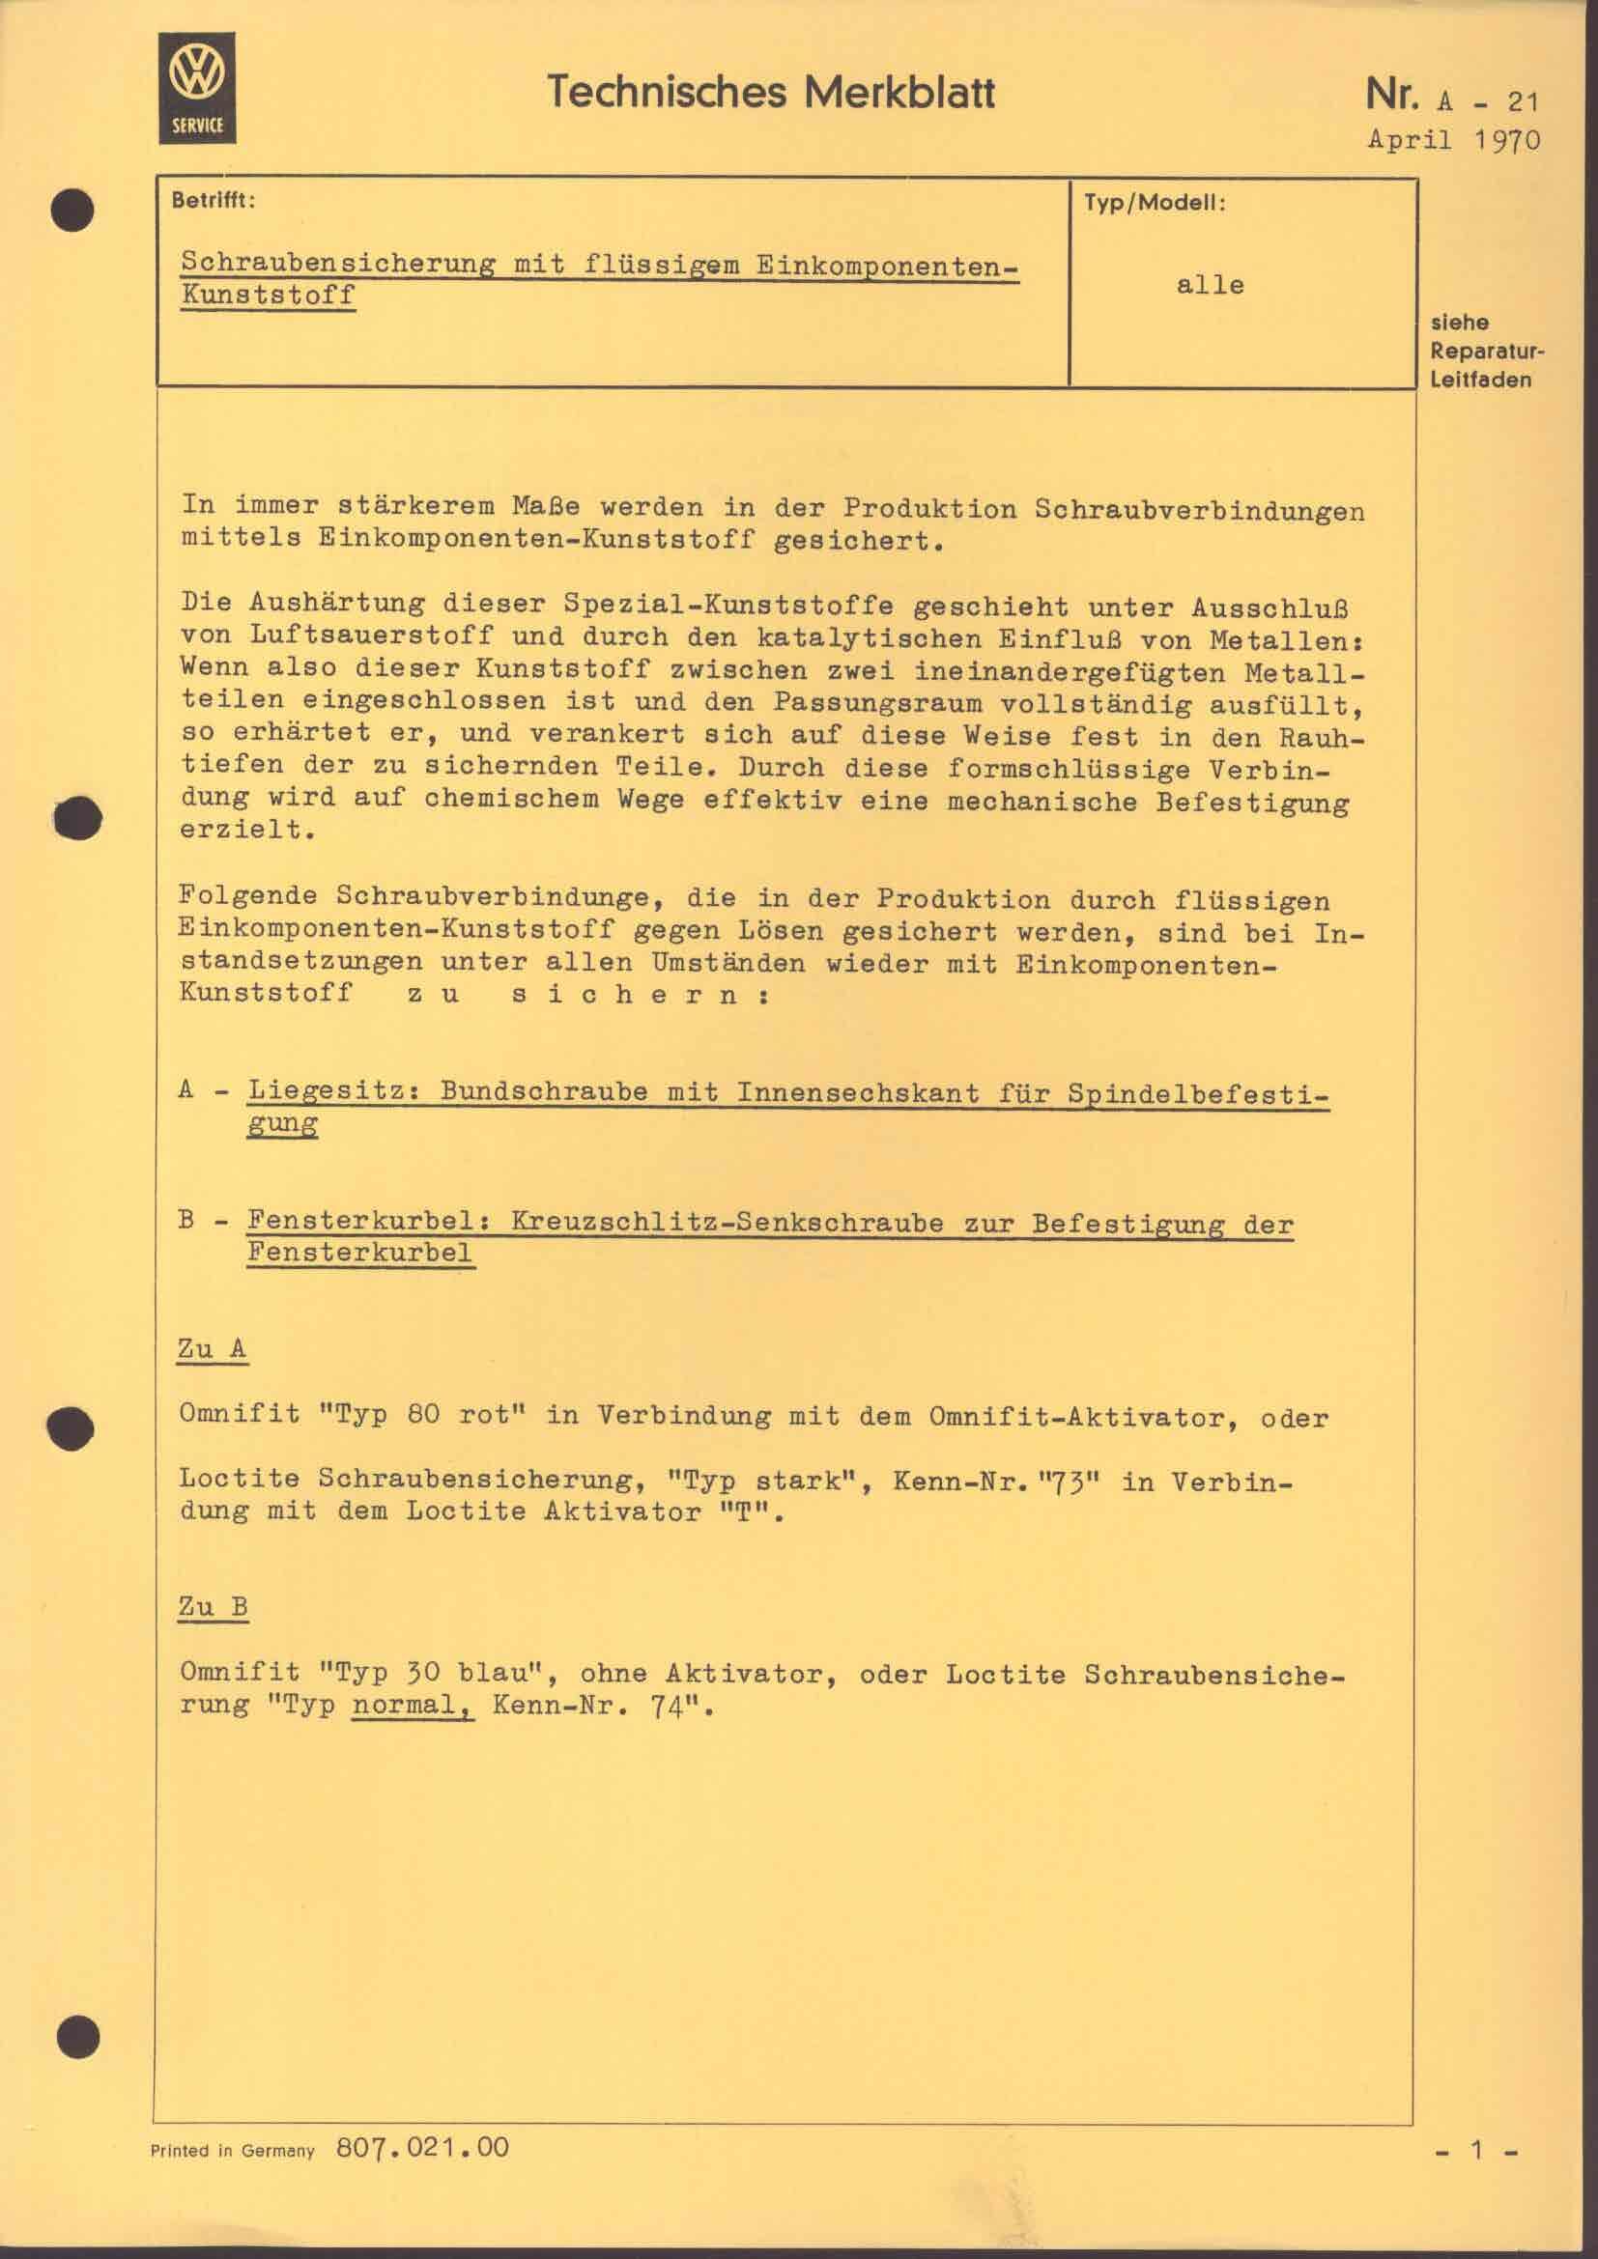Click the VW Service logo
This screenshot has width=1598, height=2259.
(197, 87)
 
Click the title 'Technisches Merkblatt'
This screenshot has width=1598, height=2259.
(770, 93)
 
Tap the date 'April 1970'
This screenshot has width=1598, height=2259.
(1453, 140)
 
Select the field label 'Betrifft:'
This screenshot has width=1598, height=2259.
(214, 200)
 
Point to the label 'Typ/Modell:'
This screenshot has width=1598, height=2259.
(1155, 204)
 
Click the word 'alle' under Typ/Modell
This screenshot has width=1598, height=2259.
(1211, 285)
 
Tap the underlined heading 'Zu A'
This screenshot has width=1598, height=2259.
(212, 1348)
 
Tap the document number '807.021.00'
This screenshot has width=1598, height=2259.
(422, 2146)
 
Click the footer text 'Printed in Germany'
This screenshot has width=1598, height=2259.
(232, 2150)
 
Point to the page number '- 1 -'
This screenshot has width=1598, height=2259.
(1477, 2150)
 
